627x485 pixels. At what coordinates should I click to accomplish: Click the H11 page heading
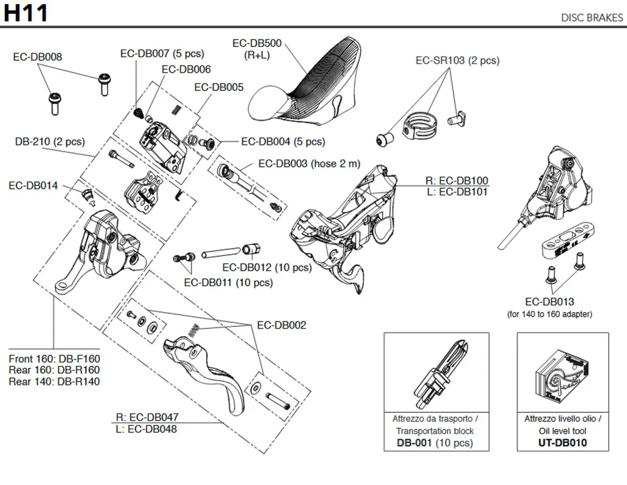pyautogui.click(x=26, y=13)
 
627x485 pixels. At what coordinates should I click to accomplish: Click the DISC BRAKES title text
pyautogui.click(x=592, y=17)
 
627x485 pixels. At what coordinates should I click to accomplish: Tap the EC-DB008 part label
pyautogui.click(x=37, y=56)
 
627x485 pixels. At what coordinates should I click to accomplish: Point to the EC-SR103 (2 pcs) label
pyautogui.click(x=457, y=60)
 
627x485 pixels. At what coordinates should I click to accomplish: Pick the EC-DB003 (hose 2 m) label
pyautogui.click(x=309, y=164)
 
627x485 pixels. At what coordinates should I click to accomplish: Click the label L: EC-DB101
pyautogui.click(x=456, y=192)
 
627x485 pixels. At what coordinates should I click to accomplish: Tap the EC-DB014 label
pyautogui.click(x=33, y=186)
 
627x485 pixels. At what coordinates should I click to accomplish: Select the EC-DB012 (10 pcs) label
pyautogui.click(x=266, y=268)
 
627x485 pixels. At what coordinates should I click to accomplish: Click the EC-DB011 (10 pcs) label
pyautogui.click(x=228, y=283)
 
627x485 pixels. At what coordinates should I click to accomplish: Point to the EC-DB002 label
pyautogui.click(x=282, y=325)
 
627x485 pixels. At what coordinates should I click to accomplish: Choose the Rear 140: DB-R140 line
pyautogui.click(x=54, y=382)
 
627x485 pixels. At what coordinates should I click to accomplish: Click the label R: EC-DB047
pyautogui.click(x=147, y=417)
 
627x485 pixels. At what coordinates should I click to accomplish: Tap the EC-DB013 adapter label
pyautogui.click(x=549, y=302)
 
